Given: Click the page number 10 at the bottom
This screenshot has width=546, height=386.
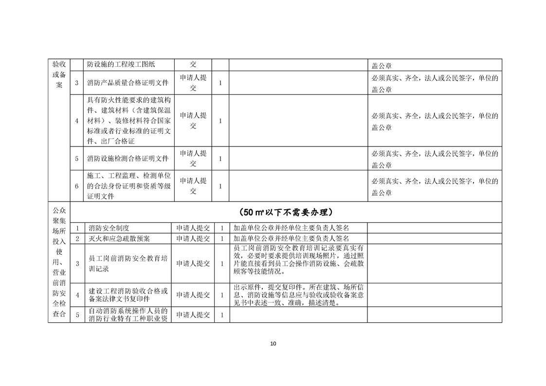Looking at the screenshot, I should tap(273, 344).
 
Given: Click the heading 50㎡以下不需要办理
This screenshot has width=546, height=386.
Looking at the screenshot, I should tap(287, 213).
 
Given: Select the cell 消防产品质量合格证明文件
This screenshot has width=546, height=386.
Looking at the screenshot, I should tap(128, 83).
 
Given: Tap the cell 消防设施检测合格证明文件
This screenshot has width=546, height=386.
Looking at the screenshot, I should tap(128, 159).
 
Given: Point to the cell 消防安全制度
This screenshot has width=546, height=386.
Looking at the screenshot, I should tap(109, 228).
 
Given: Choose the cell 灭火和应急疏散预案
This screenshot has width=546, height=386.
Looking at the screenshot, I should tap(119, 239).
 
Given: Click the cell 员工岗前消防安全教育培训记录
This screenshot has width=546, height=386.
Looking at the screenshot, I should tap(128, 263).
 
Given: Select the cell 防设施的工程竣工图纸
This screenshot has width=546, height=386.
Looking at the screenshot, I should tap(124, 64).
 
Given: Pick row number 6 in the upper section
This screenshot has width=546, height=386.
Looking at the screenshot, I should tap(77, 186).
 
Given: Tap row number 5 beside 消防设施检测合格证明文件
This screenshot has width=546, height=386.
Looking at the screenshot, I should tap(77, 159).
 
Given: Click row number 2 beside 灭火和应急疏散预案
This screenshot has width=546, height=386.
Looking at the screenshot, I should tap(77, 239).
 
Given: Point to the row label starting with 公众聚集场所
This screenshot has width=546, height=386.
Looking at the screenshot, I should tap(59, 262).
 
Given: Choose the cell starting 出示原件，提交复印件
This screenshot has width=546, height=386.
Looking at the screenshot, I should tap(298, 294).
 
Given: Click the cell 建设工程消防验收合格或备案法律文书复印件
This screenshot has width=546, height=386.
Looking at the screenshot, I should tap(128, 295).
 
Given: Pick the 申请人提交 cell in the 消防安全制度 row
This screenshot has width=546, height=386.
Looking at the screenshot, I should tap(193, 228).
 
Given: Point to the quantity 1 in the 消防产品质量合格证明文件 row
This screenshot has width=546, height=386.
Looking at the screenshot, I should tap(220, 83).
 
